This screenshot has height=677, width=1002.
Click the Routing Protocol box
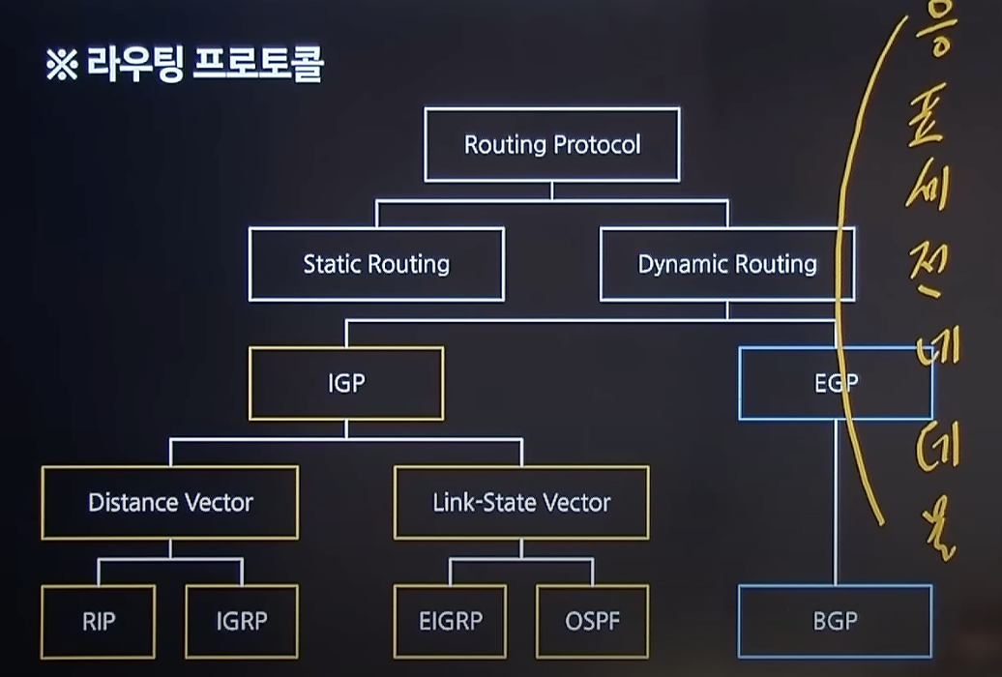[551, 145]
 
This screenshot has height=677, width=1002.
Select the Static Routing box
[376, 264]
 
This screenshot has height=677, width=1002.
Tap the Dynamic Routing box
[727, 264]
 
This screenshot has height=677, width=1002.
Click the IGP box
[346, 383]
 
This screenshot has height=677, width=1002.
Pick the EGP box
[836, 383]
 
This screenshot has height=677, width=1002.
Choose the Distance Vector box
[170, 503]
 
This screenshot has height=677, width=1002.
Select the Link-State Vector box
[521, 503]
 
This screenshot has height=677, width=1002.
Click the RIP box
[99, 621]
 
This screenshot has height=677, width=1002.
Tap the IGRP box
[241, 621]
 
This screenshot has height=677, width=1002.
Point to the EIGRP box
[451, 621]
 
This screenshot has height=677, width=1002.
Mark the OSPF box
[592, 621]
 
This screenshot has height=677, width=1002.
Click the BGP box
[836, 621]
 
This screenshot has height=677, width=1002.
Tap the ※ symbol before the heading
[61, 66]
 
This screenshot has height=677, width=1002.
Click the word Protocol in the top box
[597, 145]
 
